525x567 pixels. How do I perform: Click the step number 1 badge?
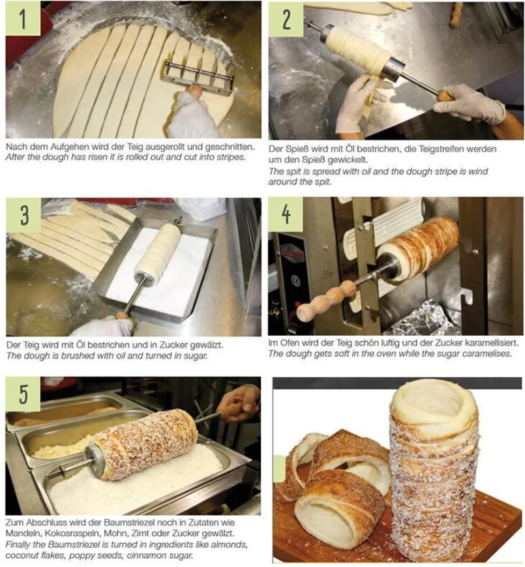(23, 19)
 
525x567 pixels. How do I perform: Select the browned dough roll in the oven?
(417, 247)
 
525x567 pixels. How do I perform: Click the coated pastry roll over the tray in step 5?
(143, 444)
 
